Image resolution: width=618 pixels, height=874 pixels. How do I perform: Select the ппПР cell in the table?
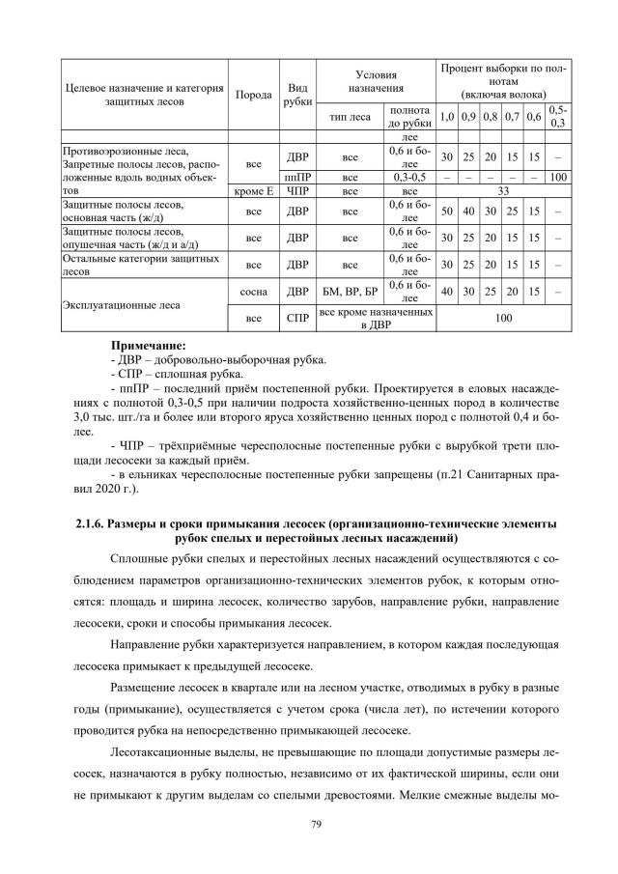pyautogui.click(x=298, y=178)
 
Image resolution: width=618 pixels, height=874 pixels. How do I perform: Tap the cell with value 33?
pyautogui.click(x=503, y=191)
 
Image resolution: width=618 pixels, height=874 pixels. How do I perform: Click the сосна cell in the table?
pyautogui.click(x=255, y=289)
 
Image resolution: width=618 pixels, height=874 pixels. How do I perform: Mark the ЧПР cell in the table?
pyautogui.click(x=298, y=191)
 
